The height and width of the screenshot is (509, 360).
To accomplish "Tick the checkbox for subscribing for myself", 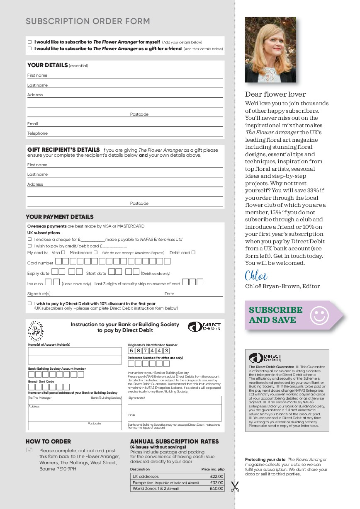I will click(x=29, y=42).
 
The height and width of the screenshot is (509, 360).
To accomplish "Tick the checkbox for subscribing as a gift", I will click(x=29, y=48).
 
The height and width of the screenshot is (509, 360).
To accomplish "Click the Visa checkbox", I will click(x=63, y=252).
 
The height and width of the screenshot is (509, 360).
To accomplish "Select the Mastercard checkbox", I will click(x=95, y=252).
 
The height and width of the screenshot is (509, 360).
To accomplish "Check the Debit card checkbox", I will click(x=193, y=252).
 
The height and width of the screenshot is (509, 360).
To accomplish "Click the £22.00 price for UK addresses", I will click(x=216, y=477).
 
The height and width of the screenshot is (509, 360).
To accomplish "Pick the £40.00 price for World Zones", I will click(x=216, y=489).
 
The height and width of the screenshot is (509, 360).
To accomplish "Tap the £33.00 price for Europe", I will click(x=216, y=483).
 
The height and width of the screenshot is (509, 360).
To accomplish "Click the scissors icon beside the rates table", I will click(x=235, y=486).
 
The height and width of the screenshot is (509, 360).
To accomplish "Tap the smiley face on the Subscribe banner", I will click(x=319, y=315).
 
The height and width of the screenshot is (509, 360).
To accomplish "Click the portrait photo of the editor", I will click(x=270, y=50).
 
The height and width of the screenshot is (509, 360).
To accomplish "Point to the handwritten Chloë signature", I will click(x=256, y=276).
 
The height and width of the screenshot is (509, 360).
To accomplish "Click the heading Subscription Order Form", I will click(x=88, y=22).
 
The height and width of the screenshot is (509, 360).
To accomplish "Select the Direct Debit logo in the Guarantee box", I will click(x=265, y=358).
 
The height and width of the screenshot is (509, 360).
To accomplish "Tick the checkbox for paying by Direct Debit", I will click(x=29, y=303).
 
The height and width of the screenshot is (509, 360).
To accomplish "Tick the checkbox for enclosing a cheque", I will click(x=29, y=240).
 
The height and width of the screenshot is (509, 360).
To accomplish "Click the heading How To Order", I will click(x=48, y=441).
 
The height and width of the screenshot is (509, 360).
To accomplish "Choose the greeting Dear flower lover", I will click(x=275, y=95).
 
